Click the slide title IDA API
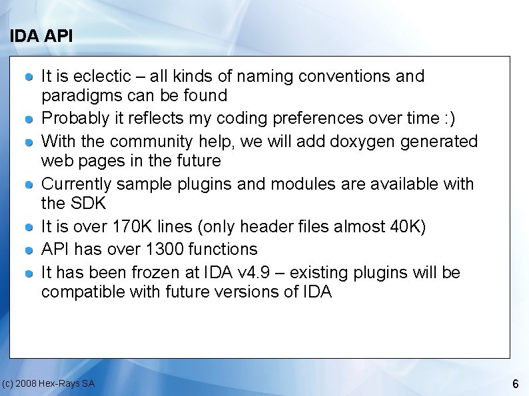41,37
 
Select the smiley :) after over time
450,118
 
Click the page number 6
515,384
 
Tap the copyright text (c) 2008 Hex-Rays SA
48,383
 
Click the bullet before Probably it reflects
29,120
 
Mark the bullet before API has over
29,250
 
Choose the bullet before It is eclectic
29,78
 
